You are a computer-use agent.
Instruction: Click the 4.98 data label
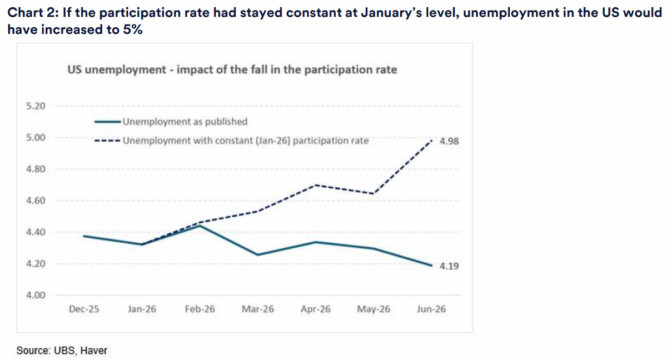pos(449,141)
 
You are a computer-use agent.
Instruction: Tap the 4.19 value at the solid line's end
pos(449,266)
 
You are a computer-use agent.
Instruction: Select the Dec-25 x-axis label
pos(84,309)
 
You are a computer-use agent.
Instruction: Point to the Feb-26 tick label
pos(200,309)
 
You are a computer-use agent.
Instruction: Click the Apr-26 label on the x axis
pos(316,309)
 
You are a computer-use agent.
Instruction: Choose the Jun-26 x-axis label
pos(431,309)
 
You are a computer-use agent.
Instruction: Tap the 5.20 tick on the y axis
pos(36,106)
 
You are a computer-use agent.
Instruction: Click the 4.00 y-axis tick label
pos(36,295)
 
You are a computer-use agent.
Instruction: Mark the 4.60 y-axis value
pos(36,201)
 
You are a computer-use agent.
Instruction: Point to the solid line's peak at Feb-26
pos(200,226)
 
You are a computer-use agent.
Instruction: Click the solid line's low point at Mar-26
pos(258,254)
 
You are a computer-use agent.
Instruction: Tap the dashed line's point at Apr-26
pos(316,185)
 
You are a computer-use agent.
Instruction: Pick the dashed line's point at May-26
pos(374,194)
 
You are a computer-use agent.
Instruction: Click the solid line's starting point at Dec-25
pos(84,236)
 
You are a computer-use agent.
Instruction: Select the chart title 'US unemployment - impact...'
pos(232,69)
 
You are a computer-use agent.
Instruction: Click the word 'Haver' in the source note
pos(94,351)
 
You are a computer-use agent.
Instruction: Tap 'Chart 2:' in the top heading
pos(33,13)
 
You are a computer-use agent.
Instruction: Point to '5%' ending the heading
pos(132,29)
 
